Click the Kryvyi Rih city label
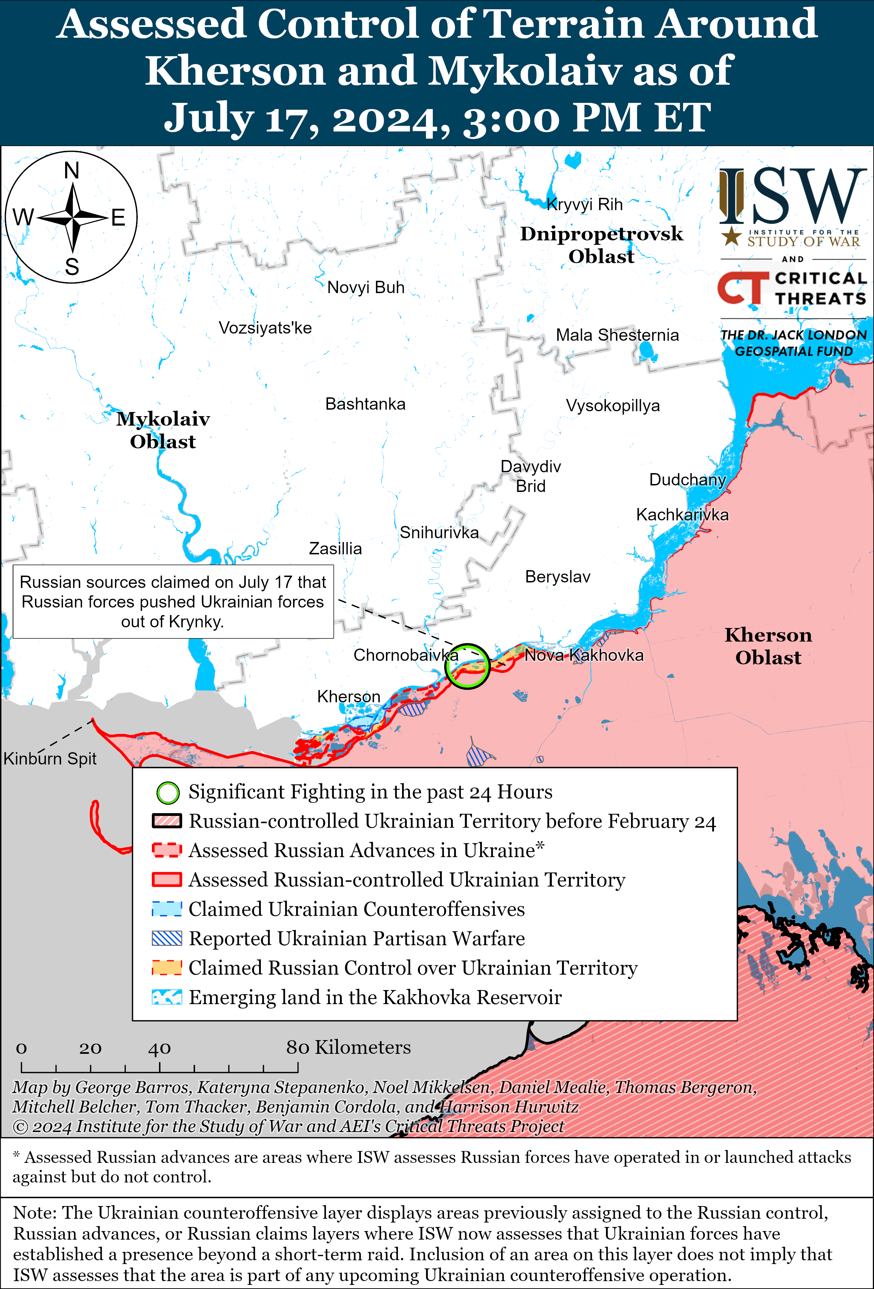[584, 205]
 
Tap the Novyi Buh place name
[365, 287]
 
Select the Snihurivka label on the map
[439, 532]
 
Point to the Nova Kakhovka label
[584, 655]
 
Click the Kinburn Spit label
[50, 758]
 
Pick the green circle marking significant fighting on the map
[468, 666]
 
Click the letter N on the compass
[72, 170]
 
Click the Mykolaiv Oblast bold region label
[163, 430]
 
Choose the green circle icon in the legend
[168, 793]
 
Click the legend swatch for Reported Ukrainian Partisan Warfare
[167, 938]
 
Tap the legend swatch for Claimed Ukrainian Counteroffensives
[167, 909]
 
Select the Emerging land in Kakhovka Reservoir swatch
[167, 997]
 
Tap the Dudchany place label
[687, 479]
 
